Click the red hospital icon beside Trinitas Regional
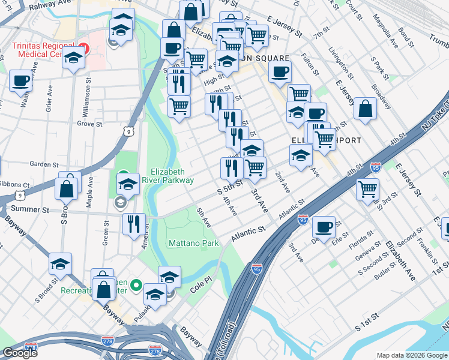[x=82, y=47]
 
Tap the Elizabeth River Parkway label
[x=172, y=175]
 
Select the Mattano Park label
[x=192, y=244]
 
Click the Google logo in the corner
[x=20, y=352]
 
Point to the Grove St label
[x=88, y=124]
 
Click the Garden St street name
[x=44, y=164]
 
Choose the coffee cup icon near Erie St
[x=324, y=227]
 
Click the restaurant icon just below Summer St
[x=134, y=224]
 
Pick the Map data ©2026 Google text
[x=411, y=355]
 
